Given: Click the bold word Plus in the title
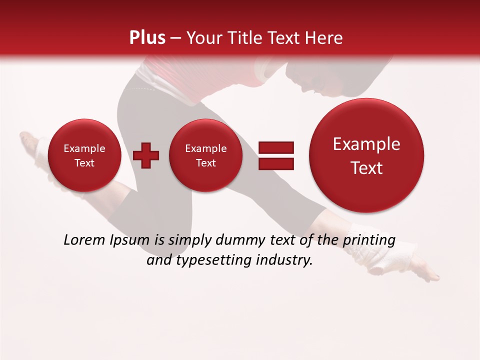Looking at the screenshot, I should click(x=147, y=38).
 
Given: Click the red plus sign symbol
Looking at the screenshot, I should click(x=146, y=155).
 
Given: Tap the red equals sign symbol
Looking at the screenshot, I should click(x=275, y=155).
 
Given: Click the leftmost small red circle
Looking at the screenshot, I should click(x=84, y=155).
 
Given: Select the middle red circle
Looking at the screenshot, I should click(x=205, y=155).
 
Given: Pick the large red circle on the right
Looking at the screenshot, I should click(x=366, y=155).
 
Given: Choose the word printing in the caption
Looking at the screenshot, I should click(x=369, y=241).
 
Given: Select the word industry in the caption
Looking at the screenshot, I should click(x=283, y=260).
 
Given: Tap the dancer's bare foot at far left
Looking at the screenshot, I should click(x=30, y=142).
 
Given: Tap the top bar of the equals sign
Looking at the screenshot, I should click(x=275, y=147).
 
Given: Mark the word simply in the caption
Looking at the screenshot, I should click(x=190, y=241).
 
